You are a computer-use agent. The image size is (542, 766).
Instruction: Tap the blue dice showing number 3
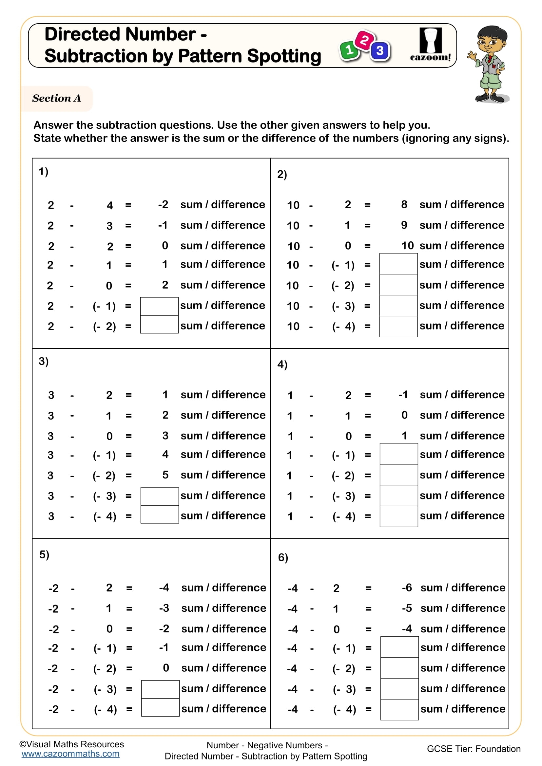tap(380, 51)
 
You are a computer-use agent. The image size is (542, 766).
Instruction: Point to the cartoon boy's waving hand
tap(472, 55)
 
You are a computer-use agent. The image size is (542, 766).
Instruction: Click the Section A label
tap(56, 99)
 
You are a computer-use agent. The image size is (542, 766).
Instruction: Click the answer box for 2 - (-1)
tap(159, 306)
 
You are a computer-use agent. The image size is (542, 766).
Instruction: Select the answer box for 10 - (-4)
tap(398, 326)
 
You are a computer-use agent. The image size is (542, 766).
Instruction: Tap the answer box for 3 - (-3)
tap(160, 496)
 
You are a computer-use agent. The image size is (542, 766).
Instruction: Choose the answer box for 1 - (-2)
tap(398, 475)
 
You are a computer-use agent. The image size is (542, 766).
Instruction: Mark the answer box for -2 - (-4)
tap(160, 709)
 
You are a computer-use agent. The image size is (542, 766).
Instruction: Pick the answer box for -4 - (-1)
tap(399, 647)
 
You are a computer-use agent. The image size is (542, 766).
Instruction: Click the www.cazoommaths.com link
tap(70, 754)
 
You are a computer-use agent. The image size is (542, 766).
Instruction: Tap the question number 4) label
tap(282, 364)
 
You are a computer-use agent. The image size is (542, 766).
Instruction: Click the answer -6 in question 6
tap(407, 588)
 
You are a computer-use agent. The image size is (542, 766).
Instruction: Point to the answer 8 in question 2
tap(404, 204)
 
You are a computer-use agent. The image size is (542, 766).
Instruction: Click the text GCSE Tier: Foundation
tap(474, 749)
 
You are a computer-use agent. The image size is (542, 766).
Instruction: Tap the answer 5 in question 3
tap(165, 475)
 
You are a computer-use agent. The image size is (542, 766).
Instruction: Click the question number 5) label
tap(44, 554)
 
